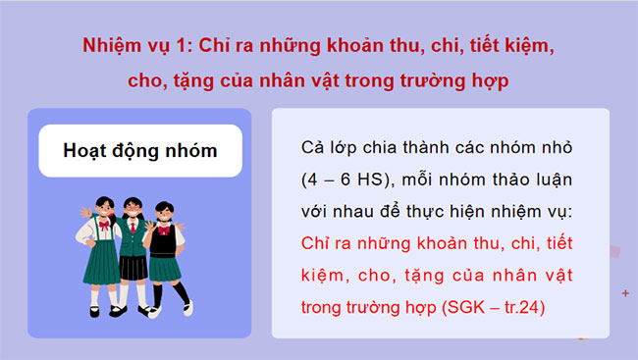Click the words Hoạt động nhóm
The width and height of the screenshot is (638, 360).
[139, 151]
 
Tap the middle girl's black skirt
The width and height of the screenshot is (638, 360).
[133, 266]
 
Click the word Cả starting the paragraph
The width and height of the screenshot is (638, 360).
[316, 148]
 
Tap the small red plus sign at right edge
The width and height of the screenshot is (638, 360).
[625, 293]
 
